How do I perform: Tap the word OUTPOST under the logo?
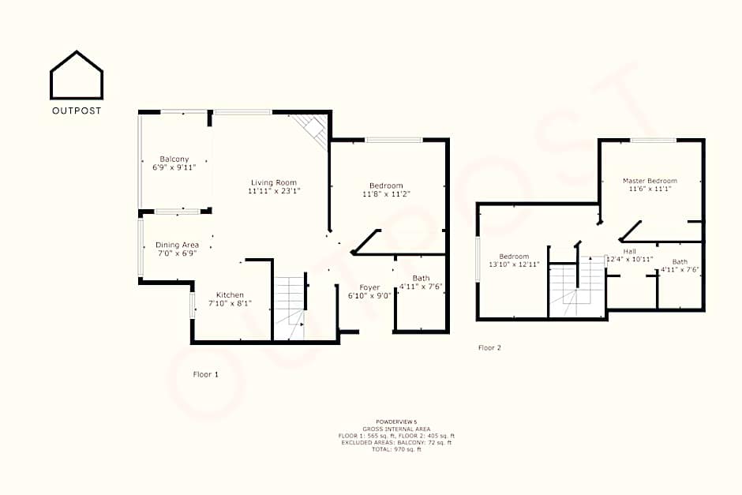[77, 111]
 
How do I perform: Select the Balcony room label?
[174, 159]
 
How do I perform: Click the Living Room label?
[274, 182]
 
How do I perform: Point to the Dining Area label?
[177, 245]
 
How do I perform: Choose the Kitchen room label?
[230, 294]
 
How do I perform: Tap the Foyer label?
[369, 287]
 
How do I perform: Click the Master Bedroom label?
[650, 180]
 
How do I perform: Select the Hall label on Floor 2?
[629, 251]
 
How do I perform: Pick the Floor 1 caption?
[206, 374]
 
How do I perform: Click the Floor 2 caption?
[489, 348]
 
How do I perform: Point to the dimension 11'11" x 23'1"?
[275, 191]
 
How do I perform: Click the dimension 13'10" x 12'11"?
[514, 264]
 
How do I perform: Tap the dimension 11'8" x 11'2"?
[386, 194]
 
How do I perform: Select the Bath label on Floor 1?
[422, 278]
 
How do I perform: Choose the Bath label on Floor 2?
[680, 261]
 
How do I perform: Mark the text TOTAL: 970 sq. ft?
[396, 449]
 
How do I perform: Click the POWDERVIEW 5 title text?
[396, 422]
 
